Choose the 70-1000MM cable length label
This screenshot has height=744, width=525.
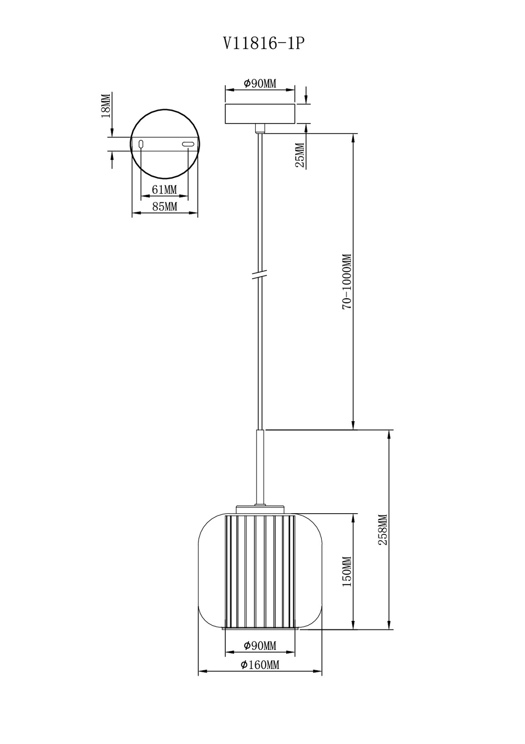tap(347, 281)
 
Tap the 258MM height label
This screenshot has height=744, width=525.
tap(383, 530)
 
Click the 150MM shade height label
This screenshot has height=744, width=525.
tap(347, 572)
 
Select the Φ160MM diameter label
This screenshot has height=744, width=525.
tap(260, 665)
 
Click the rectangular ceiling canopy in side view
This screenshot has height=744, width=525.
tap(260, 114)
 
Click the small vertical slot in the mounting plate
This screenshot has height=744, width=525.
tap(141, 144)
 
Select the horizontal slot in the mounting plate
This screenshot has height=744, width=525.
tap(187, 144)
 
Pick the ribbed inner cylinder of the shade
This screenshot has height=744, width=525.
tap(260, 572)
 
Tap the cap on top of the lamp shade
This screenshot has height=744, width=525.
tap(260, 509)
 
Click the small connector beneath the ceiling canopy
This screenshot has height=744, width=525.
tap(259, 128)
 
